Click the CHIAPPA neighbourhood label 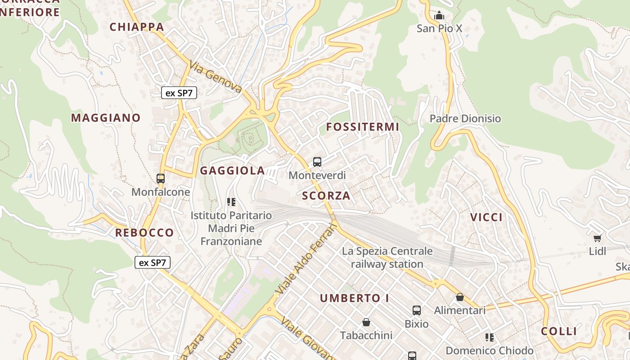pos(137,27)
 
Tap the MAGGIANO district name pos(106,118)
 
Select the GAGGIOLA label pos(232,171)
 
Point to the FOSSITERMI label pos(363,127)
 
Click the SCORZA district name pos(326,196)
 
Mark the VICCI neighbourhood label pos(486,217)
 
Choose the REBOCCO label pos(144,233)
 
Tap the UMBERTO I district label pos(355,298)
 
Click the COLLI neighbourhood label pos(559,332)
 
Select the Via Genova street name pos(216,77)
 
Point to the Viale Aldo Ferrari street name pos(306,260)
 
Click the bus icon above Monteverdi pos(317,162)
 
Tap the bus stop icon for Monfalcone pos(161,179)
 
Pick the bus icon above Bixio pos(417,310)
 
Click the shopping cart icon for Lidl pos(597,238)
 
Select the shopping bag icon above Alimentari pos(459,297)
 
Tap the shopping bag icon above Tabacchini pos(366,322)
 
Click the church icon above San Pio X pos(439,15)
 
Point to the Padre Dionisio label pos(465,119)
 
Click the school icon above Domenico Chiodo pos(490,337)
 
